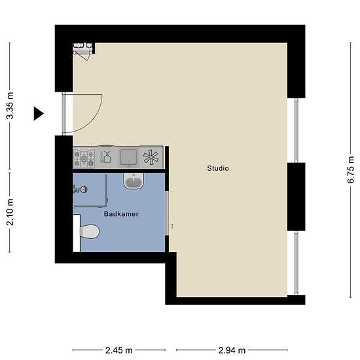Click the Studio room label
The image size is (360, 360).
218,168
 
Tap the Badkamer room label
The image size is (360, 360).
121,214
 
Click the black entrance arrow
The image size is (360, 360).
39,113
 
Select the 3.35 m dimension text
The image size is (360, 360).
10,105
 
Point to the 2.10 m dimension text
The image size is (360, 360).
10,212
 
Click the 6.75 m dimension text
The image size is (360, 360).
351,170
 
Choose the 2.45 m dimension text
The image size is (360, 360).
119,350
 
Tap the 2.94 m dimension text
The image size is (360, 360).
232,350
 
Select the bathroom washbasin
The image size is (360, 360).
134,181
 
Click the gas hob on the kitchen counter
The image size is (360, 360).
84,158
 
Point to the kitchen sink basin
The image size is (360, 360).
129,158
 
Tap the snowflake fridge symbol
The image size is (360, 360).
151,157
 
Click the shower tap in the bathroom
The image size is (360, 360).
80,189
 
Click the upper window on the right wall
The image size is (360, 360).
296,130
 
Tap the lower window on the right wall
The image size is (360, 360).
296,263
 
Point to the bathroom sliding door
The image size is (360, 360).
167,213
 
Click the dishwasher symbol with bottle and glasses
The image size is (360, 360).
106,157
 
